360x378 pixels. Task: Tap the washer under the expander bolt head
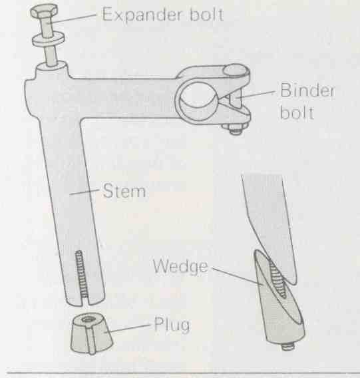coord(49,40)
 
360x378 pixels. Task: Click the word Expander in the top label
coord(141,15)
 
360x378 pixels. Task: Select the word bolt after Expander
coord(206,14)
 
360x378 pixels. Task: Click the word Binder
coord(307,90)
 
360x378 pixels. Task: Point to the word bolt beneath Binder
coord(297,112)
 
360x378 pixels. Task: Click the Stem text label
coord(124,191)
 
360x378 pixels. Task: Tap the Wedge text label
coord(180,266)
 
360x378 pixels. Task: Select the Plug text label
coord(172,325)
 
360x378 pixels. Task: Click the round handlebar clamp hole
coord(198,95)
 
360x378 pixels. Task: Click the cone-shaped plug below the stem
coord(92,333)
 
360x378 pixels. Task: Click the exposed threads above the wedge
coord(277,278)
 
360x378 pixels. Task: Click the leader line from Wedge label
coord(237,276)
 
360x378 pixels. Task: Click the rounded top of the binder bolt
coord(236,71)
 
